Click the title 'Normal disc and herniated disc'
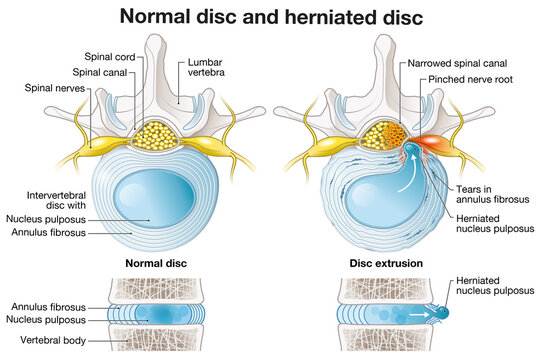[271, 16]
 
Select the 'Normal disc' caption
[157, 265]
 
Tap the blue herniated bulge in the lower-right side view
[442, 313]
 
